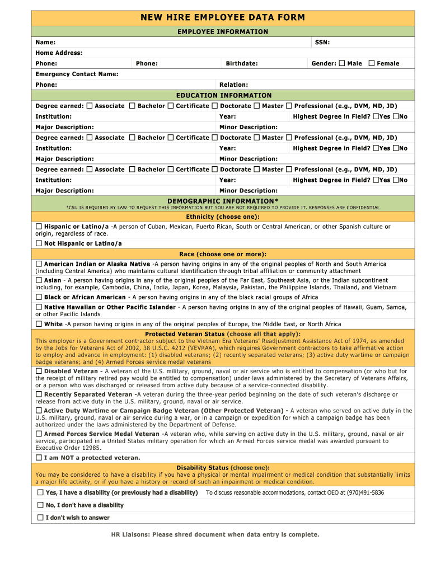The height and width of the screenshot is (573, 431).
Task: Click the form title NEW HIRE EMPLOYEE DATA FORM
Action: pos(223,17)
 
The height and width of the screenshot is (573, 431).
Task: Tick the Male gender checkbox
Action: pos(342,63)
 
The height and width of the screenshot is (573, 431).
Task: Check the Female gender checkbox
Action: pos(372,63)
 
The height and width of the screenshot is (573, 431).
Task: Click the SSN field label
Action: pos(322,43)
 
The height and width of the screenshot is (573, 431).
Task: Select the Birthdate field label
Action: pos(241,64)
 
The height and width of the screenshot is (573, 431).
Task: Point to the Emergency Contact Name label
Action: pos(77,74)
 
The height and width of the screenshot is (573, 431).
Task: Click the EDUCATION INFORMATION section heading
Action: pos(223,96)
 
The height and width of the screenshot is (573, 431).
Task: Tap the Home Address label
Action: pos(59,53)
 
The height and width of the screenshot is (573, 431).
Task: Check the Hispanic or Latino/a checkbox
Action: pos(39,227)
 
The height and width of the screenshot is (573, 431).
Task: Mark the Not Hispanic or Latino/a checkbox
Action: pos(39,243)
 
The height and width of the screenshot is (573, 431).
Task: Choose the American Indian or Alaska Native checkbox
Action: pos(39,264)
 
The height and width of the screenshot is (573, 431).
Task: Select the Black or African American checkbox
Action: pos(39,297)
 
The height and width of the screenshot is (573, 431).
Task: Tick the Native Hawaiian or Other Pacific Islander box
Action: pos(39,307)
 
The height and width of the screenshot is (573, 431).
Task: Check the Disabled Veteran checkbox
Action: pos(39,371)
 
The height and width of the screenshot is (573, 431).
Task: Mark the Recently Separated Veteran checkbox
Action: pos(39,394)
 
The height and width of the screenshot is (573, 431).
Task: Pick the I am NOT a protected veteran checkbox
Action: pos(39,458)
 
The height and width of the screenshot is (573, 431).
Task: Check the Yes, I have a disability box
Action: pos(40,492)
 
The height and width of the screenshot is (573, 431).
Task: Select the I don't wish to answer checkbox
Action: pos(40,518)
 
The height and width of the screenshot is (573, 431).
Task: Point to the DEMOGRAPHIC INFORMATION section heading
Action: pos(223,201)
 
